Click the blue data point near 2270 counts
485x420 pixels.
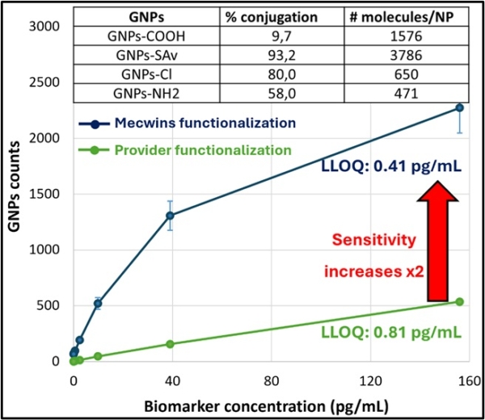pos(459,107)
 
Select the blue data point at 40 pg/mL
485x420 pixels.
pos(171,216)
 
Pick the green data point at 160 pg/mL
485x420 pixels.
pos(459,301)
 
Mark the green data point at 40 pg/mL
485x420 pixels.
pos(171,344)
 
